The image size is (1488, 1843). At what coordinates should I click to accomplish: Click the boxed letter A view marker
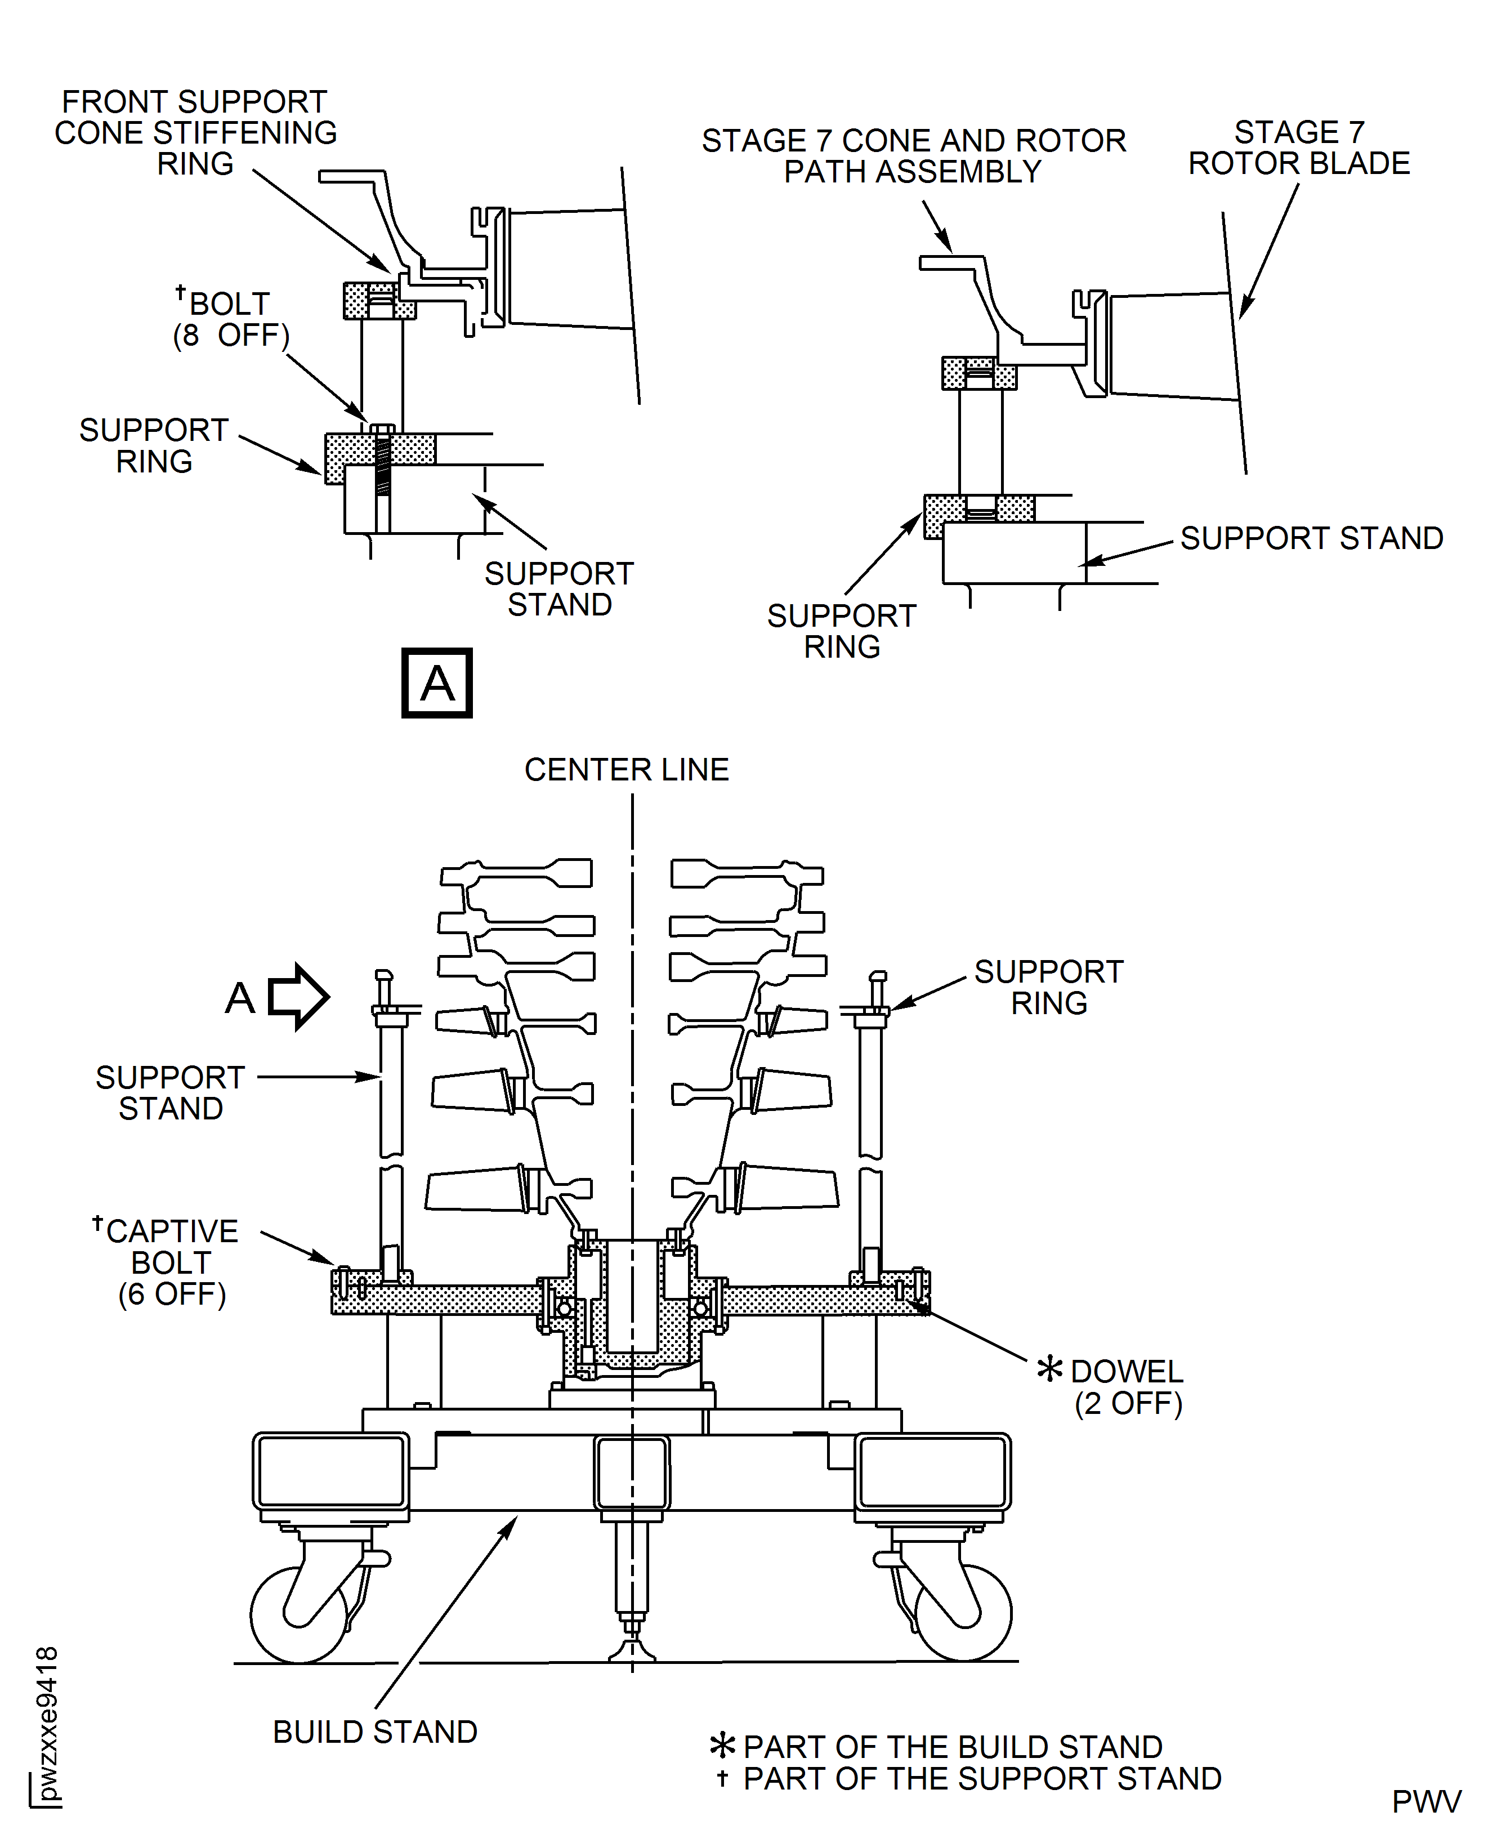(x=436, y=683)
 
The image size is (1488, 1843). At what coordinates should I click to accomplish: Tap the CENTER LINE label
(x=627, y=770)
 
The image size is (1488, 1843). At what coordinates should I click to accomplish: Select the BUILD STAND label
(x=374, y=1732)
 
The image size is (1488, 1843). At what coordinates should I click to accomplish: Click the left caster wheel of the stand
(x=299, y=1614)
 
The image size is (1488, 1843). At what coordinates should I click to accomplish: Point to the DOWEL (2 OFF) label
(x=1127, y=1387)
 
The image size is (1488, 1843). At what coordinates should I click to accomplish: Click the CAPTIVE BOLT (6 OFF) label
(x=171, y=1262)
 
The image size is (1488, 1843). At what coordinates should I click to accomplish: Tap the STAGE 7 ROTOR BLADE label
(x=1299, y=148)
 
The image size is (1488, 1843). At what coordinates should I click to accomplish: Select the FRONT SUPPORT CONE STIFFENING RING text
(x=195, y=133)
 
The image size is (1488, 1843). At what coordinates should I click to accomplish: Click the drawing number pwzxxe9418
(x=48, y=1724)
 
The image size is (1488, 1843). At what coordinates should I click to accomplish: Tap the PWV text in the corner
(x=1426, y=1801)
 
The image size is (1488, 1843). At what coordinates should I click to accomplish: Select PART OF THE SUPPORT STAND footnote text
(x=981, y=1779)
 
